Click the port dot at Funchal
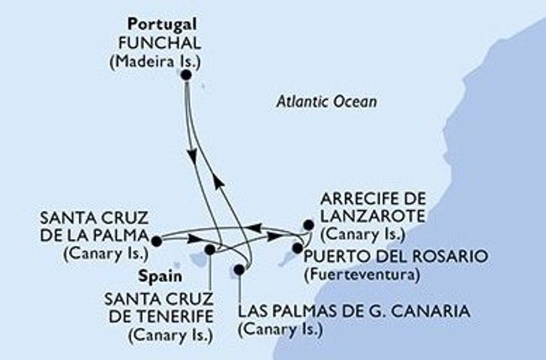[185, 75]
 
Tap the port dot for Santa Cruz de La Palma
[156, 241]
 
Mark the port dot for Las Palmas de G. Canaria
[239, 269]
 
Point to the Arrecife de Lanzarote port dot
[307, 224]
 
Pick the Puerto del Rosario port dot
[298, 248]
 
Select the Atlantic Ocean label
[324, 101]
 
